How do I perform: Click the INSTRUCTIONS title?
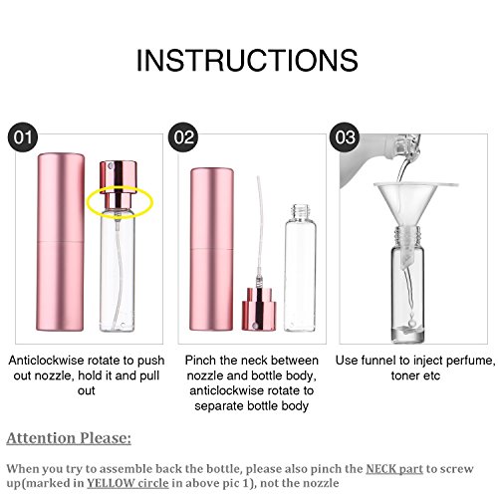(248, 61)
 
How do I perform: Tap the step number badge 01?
(24, 135)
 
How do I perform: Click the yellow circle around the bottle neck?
(120, 202)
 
